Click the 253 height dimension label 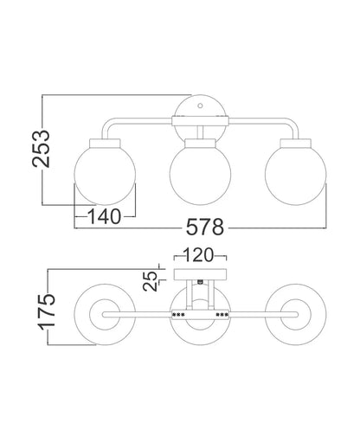[41, 149]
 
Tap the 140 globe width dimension [104, 216]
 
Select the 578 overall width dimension [205, 228]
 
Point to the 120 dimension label [198, 255]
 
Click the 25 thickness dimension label [150, 281]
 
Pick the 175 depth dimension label [47, 312]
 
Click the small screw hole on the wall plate [200, 106]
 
